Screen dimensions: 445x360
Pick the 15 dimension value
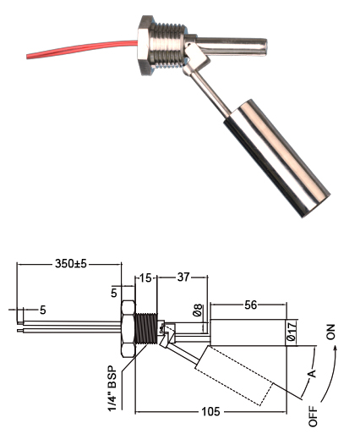click(145, 277)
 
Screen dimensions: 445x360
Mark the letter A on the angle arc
click(311, 373)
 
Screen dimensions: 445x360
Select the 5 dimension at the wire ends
click(42, 310)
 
